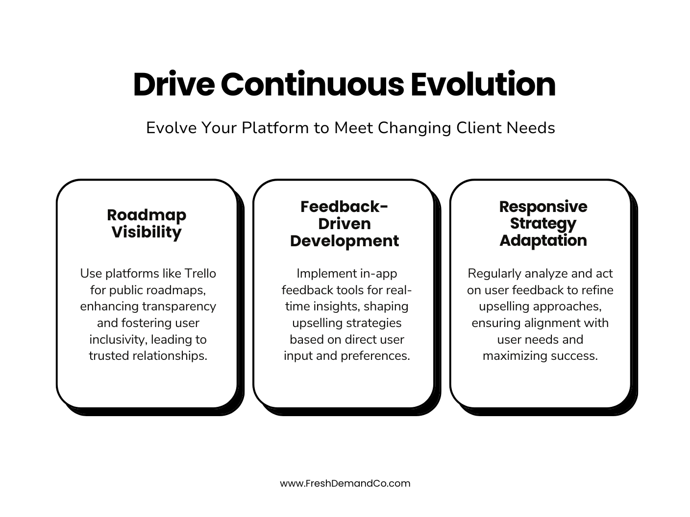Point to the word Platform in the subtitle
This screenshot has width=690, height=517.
pyautogui.click(x=275, y=128)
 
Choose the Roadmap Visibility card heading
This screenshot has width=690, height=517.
pyautogui.click(x=147, y=223)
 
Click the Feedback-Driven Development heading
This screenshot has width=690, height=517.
pyautogui.click(x=344, y=224)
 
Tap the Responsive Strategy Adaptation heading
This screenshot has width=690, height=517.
pyautogui.click(x=543, y=223)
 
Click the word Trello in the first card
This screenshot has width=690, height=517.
pyautogui.click(x=199, y=273)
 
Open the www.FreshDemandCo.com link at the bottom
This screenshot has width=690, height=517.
pyautogui.click(x=345, y=484)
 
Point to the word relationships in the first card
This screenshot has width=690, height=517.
pyautogui.click(x=171, y=356)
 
